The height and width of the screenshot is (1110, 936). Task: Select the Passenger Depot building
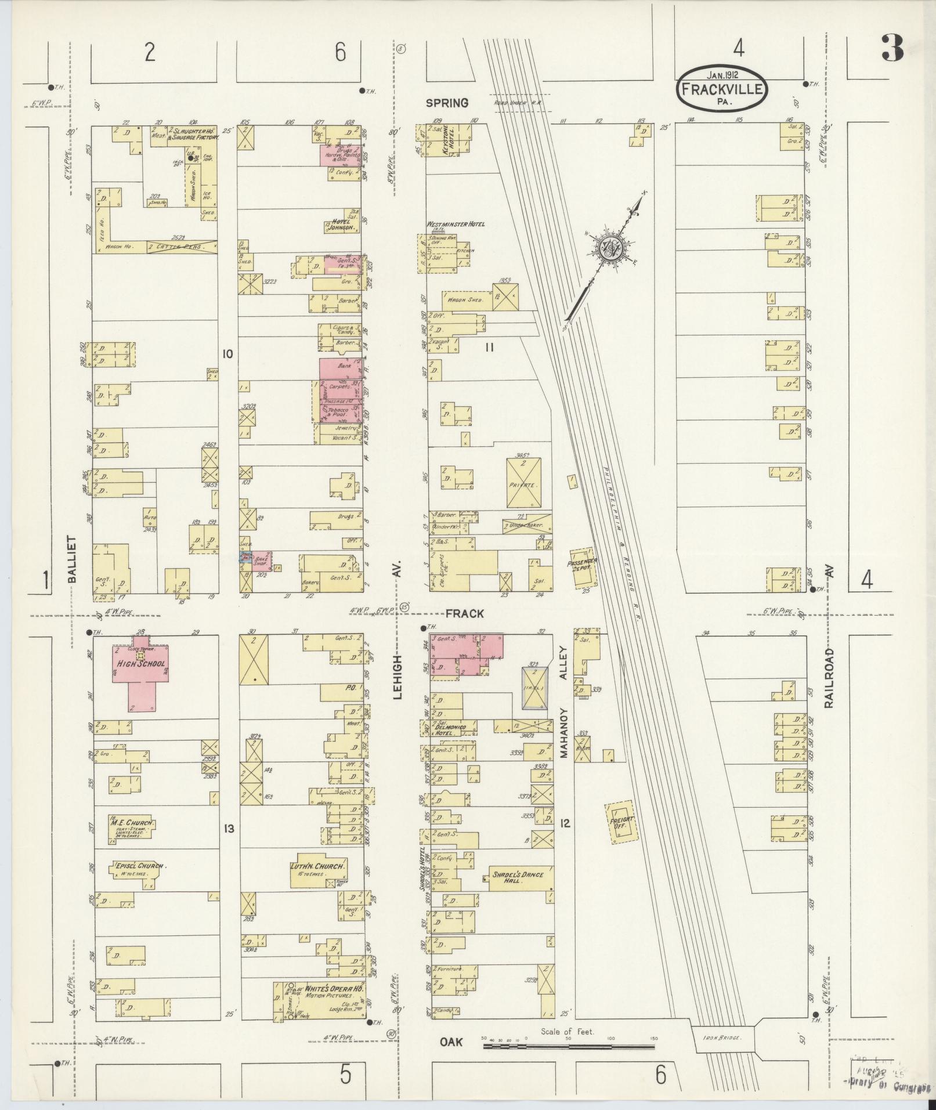point(583,567)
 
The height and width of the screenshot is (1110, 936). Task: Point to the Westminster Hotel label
point(456,224)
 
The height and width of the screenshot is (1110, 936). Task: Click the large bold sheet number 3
point(892,49)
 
